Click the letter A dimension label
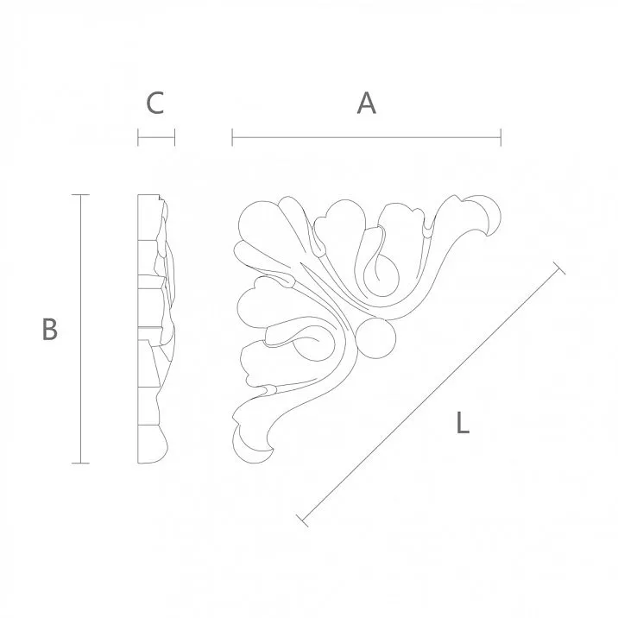(x=367, y=104)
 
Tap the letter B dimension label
(x=50, y=329)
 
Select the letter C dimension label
(x=155, y=104)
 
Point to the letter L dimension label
(x=463, y=423)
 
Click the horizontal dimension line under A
(x=367, y=136)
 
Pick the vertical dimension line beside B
(x=81, y=329)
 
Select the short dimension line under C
(x=156, y=136)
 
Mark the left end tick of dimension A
(x=233, y=136)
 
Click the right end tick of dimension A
(x=501, y=136)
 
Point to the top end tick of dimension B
(x=81, y=195)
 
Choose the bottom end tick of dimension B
(x=81, y=463)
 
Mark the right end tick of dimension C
(x=174, y=136)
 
